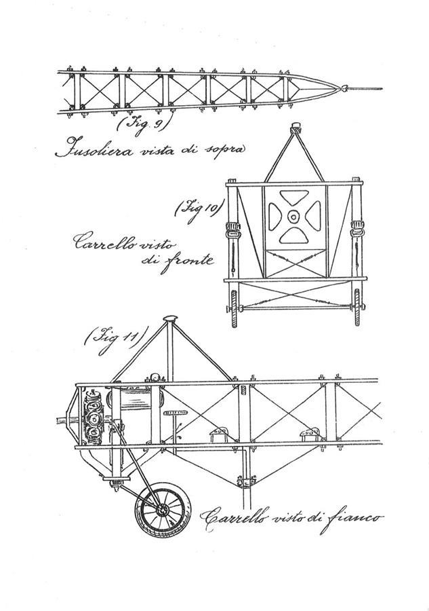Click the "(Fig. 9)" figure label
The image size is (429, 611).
[x=144, y=125]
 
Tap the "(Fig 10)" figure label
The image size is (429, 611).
[x=199, y=211]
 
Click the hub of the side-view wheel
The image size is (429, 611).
[x=161, y=509]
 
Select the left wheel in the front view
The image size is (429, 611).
[x=233, y=308]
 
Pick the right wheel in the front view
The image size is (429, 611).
[x=357, y=308]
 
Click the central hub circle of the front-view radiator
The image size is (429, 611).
[x=294, y=215]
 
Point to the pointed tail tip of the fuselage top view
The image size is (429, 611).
[x=344, y=88]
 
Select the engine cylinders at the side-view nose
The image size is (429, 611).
[x=94, y=415]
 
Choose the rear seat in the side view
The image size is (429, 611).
[x=310, y=434]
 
